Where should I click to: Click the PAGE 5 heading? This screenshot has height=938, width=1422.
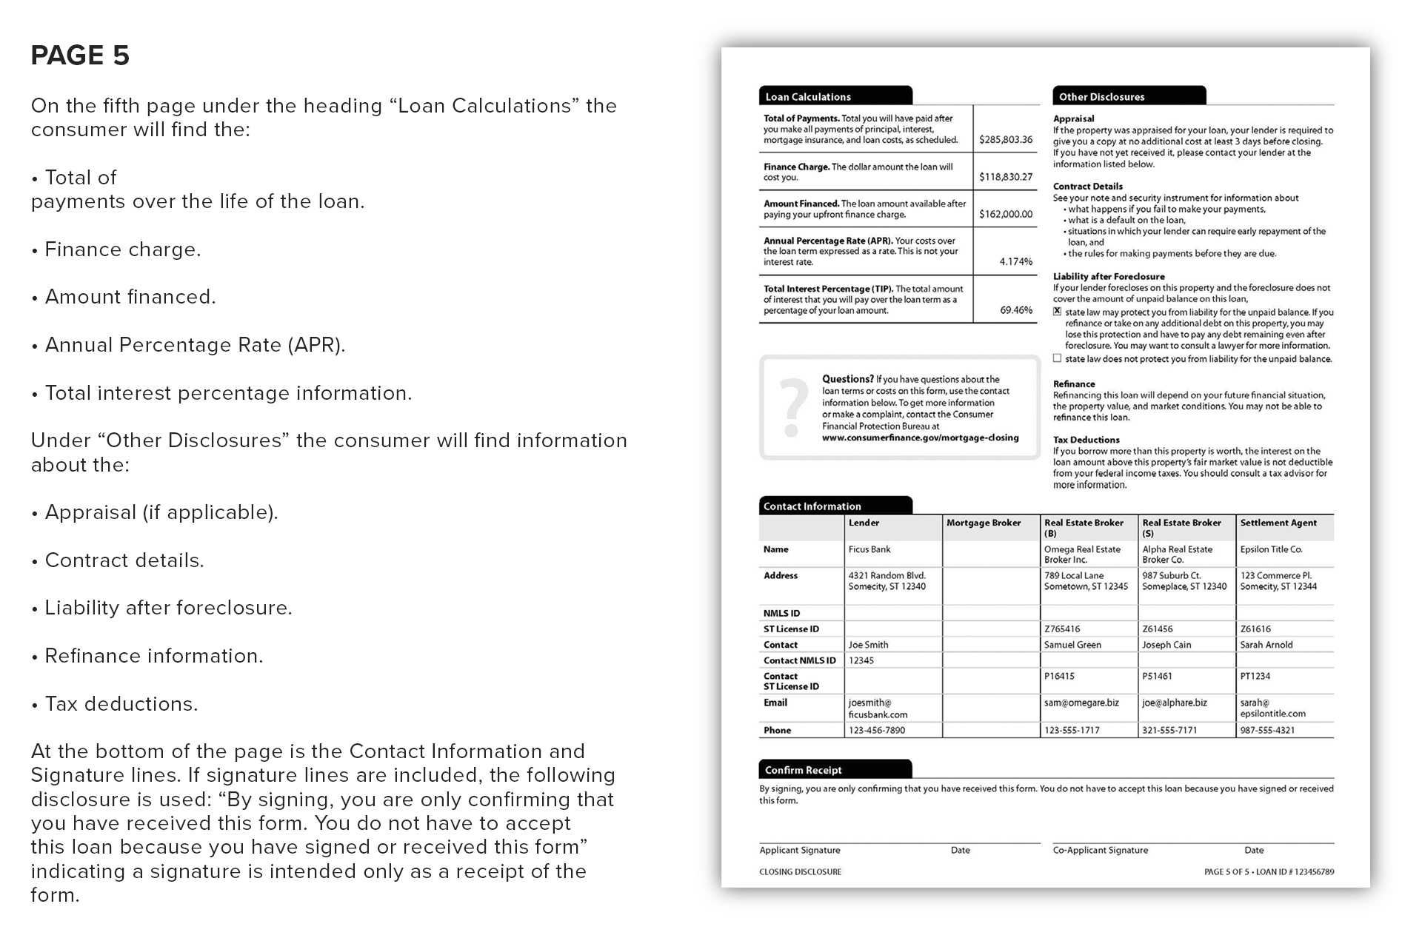80,56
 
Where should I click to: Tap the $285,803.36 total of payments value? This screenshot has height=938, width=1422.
1005,139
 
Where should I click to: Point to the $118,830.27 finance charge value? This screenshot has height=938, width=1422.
1005,177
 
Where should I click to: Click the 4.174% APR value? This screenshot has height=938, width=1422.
1015,261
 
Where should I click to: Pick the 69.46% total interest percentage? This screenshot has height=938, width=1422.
1015,310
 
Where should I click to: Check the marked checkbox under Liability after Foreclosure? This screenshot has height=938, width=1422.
1058,312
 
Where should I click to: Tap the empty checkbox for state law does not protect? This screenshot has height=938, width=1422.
1058,358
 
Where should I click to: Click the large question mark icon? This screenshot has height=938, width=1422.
793,407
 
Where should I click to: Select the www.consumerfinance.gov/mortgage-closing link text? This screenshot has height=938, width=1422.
920,438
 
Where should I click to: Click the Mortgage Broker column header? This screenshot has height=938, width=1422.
983,523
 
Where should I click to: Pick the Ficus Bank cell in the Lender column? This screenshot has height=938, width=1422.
869,549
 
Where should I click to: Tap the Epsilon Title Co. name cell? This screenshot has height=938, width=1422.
1271,549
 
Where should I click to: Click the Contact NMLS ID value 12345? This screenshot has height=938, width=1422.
861,660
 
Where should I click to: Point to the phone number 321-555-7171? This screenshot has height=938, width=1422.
1169,730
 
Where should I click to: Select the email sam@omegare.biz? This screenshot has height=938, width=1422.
1081,703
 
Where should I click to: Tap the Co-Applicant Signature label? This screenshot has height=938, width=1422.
1100,850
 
